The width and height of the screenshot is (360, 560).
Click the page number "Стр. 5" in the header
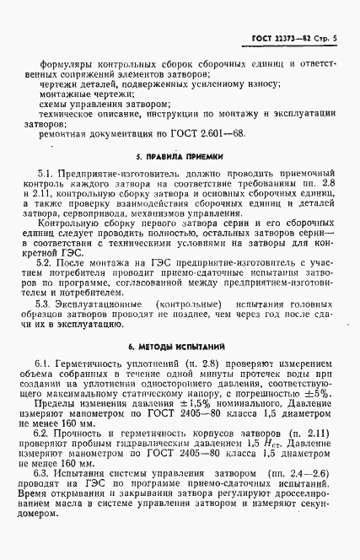(325, 40)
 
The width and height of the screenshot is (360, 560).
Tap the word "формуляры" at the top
(63, 63)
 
